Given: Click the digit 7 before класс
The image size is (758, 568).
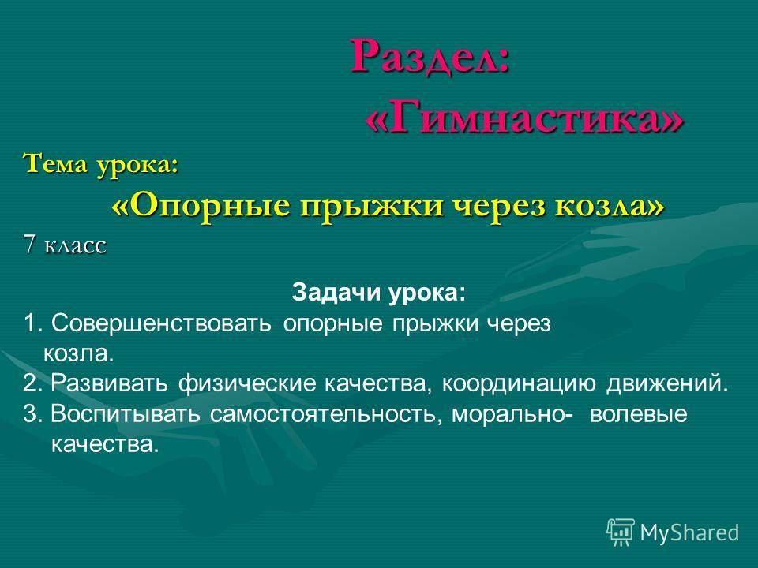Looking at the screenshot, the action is [x=29, y=245].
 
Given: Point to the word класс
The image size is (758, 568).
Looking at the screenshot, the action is [x=75, y=246].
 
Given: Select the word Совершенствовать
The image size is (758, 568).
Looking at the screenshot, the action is [x=161, y=323].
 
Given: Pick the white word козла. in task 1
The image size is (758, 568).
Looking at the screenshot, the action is [x=79, y=354].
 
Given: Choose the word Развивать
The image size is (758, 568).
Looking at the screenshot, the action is [x=110, y=383].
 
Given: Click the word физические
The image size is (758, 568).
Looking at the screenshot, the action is [x=247, y=383].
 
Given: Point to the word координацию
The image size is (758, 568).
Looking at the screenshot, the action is [x=519, y=384].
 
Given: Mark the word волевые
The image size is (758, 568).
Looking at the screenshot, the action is [x=638, y=415].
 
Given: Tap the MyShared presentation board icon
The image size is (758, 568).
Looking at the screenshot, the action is [x=621, y=532].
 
